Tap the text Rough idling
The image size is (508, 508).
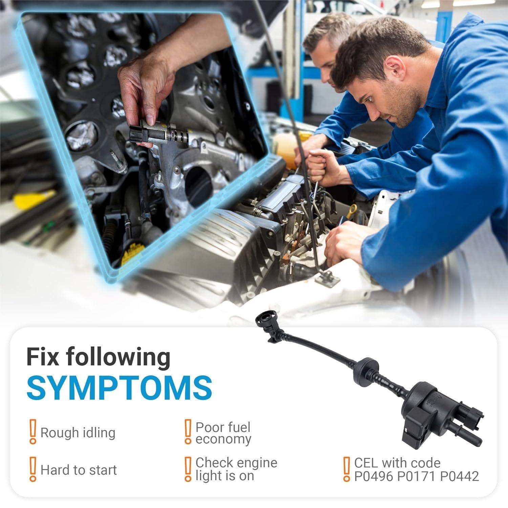coord(78,432)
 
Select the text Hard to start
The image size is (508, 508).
coord(79,470)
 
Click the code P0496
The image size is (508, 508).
coord(374,477)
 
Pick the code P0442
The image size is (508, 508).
coord(460,477)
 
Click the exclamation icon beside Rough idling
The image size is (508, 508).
coord(33,431)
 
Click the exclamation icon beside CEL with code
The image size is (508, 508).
coord(346,469)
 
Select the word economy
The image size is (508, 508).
coord(224,439)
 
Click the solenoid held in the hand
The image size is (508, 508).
coord(159,133)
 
